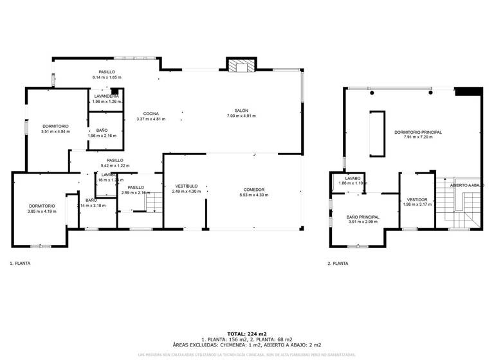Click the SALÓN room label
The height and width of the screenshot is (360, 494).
(x=241, y=111)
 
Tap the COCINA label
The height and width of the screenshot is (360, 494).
(x=151, y=114)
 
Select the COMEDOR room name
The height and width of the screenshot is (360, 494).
(x=254, y=190)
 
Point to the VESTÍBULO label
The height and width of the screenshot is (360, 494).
(x=186, y=186)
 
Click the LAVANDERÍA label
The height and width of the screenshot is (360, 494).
(x=106, y=96)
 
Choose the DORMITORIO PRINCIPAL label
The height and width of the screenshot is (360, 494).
(x=418, y=132)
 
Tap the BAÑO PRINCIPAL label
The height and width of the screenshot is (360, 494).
(x=363, y=217)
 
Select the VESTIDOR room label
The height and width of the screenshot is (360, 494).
(x=417, y=201)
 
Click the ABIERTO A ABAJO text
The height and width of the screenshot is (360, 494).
(x=466, y=185)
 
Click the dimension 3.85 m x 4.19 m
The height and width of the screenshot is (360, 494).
(x=41, y=212)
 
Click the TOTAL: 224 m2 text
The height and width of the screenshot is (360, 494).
(x=247, y=334)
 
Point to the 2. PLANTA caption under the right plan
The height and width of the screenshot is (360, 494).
(x=338, y=263)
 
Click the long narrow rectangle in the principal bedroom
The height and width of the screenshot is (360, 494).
(x=376, y=134)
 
